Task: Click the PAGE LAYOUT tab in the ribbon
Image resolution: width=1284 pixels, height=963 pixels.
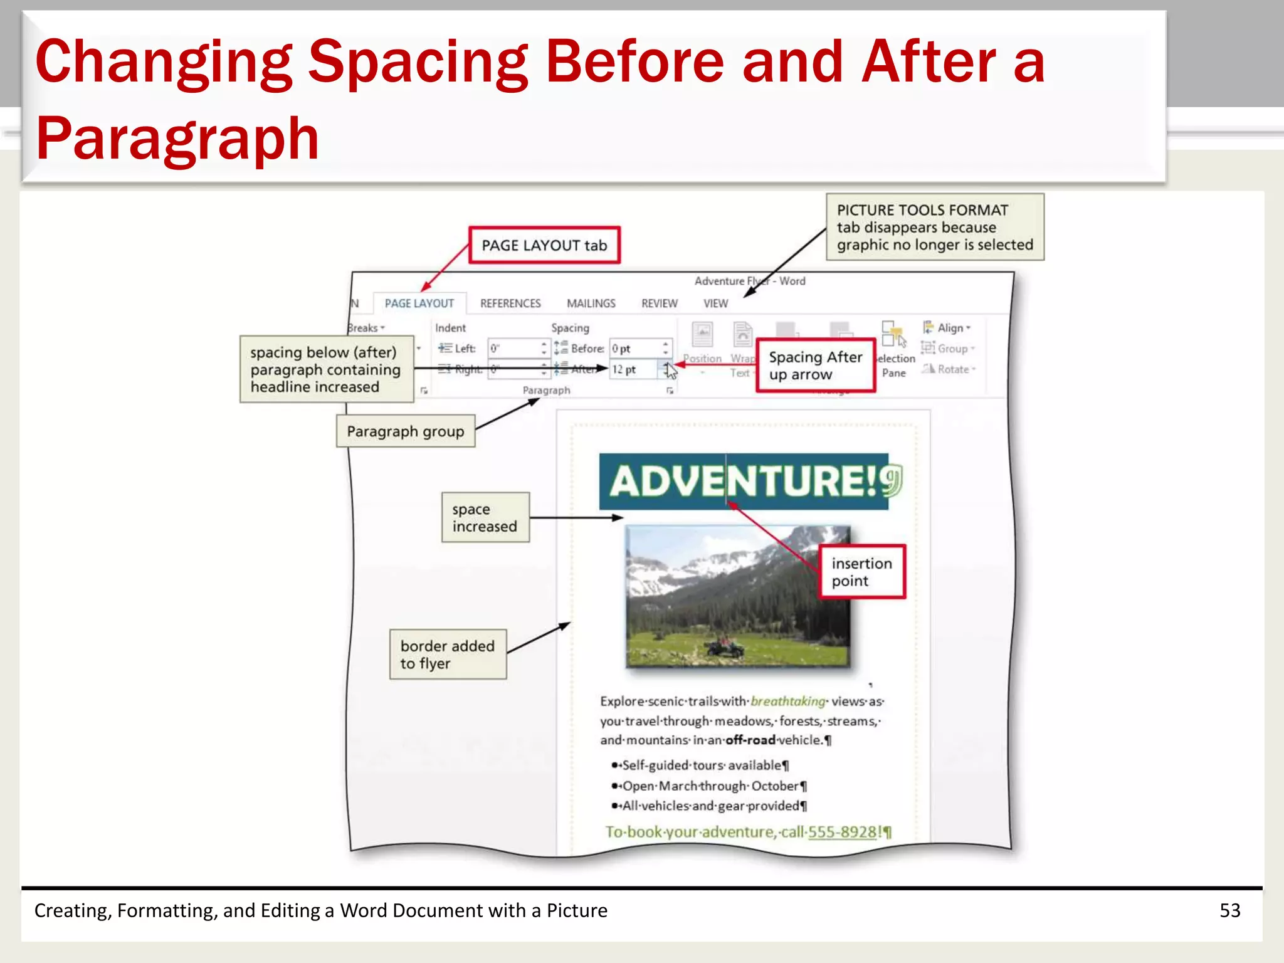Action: pos(419,303)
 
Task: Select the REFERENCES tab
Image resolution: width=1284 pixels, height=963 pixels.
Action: pos(510,303)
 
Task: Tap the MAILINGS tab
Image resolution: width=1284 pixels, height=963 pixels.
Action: pos(591,303)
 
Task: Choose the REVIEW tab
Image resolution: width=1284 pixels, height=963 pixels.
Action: pos(659,303)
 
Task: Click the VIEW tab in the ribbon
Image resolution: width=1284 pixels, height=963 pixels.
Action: pos(715,303)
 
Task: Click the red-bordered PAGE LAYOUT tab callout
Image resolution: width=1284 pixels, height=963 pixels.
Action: pos(544,245)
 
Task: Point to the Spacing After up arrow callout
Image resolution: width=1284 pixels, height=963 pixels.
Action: pos(815,366)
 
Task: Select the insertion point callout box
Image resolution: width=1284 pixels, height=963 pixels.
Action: pos(862,572)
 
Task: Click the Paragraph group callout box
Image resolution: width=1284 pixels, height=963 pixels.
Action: pos(406,431)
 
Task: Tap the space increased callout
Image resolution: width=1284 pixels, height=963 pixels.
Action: pos(485,517)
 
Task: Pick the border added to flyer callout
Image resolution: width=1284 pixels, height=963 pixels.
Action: pos(448,655)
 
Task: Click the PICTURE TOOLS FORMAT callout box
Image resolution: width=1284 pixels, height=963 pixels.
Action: pos(935,227)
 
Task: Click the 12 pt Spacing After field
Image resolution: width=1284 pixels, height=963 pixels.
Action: pos(633,369)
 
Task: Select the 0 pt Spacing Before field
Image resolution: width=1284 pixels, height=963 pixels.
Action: pos(633,349)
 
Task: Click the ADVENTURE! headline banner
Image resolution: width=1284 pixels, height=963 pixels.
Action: pos(743,481)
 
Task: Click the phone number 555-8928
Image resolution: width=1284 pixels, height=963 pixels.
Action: pos(843,832)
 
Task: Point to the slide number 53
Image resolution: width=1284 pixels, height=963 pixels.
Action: pos(1229,910)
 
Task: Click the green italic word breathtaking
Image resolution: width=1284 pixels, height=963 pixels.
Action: pos(788,701)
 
